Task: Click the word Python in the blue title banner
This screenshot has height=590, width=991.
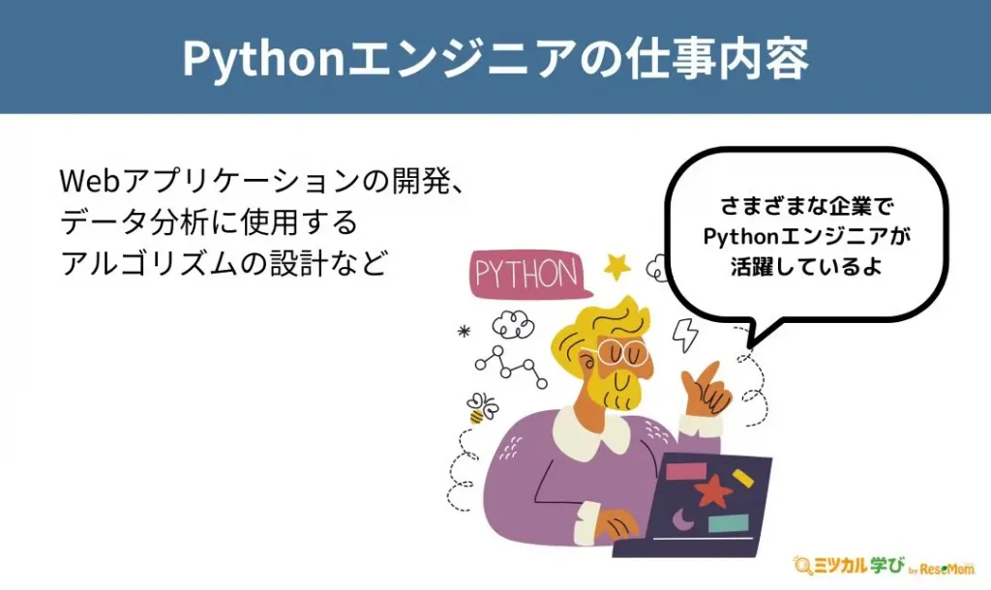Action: [x=263, y=59]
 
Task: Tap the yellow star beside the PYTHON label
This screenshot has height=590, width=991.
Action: [x=617, y=267]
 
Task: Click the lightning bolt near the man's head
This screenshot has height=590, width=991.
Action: [x=685, y=334]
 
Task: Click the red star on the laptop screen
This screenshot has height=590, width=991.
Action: [x=712, y=490]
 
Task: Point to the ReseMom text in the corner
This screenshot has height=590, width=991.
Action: [x=947, y=569]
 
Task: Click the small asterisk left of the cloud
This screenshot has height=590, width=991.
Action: [x=465, y=331]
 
